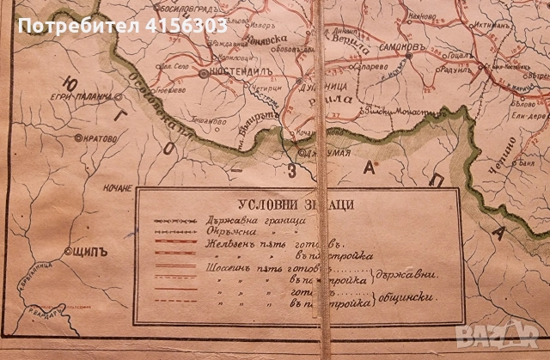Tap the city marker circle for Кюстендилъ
[203, 75]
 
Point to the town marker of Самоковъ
[409, 54]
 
